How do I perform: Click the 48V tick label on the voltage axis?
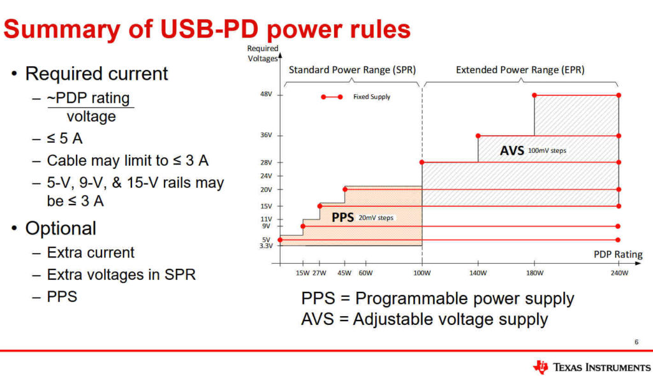(x=266, y=94)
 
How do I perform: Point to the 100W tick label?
(x=422, y=273)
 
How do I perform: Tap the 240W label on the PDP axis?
(x=619, y=273)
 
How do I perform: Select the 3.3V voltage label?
(x=266, y=246)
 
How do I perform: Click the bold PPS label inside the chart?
(x=342, y=217)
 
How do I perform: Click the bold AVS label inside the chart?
(x=512, y=150)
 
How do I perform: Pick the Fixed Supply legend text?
(x=372, y=97)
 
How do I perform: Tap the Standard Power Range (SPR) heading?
(x=352, y=69)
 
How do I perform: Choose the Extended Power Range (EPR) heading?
(x=520, y=69)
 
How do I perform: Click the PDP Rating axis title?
(x=618, y=254)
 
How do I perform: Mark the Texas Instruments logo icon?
(x=541, y=367)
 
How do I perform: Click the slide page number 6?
(x=636, y=342)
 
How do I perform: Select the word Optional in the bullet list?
(x=61, y=229)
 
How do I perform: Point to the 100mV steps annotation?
(x=547, y=151)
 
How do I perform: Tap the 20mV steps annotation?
(x=376, y=218)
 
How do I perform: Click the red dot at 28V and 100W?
(x=422, y=163)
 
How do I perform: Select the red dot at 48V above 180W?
(x=534, y=96)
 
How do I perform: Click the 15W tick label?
(x=303, y=273)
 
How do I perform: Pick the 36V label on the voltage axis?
(x=266, y=135)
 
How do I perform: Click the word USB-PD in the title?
(x=209, y=29)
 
